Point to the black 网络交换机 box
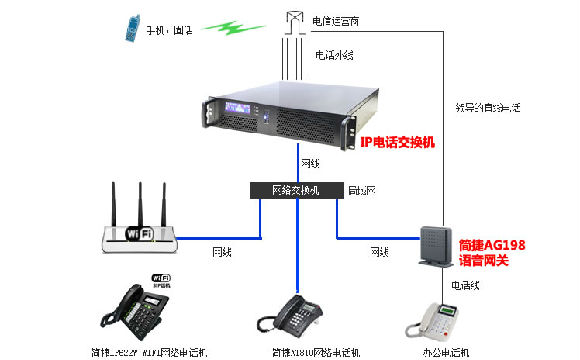click(296, 190)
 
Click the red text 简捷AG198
click(492, 244)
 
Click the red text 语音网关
click(489, 259)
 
